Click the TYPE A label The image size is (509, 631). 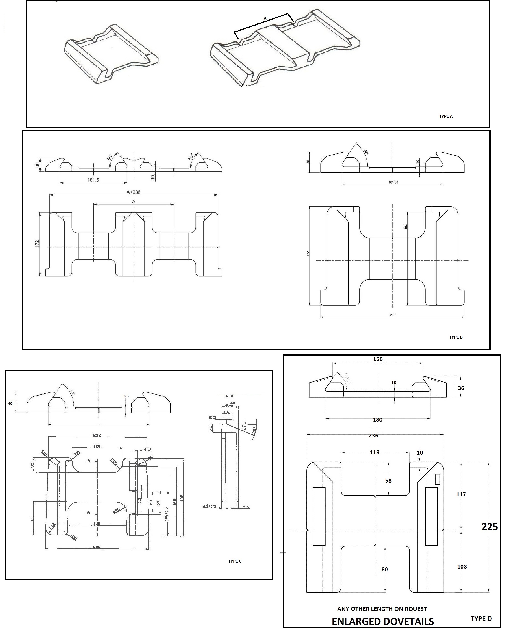446,116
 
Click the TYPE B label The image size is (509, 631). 456,337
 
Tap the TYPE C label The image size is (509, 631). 235,561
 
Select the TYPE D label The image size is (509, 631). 481,618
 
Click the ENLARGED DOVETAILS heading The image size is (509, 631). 383,621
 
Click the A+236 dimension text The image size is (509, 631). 133,192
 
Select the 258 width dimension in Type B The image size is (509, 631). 392,315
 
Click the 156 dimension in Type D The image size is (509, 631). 378,359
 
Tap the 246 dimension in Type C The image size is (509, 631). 96,547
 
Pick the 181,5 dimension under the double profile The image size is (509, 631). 93,180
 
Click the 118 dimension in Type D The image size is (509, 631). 374,453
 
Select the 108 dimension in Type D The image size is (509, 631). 462,566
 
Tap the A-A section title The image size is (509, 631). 229,396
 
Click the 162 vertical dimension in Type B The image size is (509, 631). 406,227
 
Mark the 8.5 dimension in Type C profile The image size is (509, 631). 126,396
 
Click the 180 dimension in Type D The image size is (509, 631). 377,420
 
